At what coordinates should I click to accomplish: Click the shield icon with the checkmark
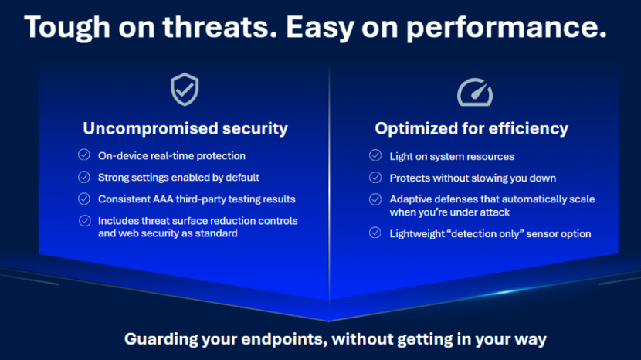coord(185,90)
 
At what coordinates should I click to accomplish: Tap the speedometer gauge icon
coord(475,93)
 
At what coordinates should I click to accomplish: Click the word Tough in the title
coord(67,28)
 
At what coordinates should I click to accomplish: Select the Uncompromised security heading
coord(185,128)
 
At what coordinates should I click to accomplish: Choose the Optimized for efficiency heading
coord(472,128)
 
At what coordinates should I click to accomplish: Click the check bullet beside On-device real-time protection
coord(84,155)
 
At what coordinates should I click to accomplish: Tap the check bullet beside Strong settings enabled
coord(84,177)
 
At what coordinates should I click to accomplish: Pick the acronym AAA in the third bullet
coord(163,199)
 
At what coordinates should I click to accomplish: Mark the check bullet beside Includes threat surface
coord(85,221)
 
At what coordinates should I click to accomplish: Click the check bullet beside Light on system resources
coord(375,155)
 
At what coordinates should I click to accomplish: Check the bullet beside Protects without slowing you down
coord(375,178)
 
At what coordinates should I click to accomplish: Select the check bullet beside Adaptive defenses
coord(375,199)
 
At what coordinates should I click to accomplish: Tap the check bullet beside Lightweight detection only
coord(375,233)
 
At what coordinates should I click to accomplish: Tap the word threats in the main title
coord(220,28)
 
